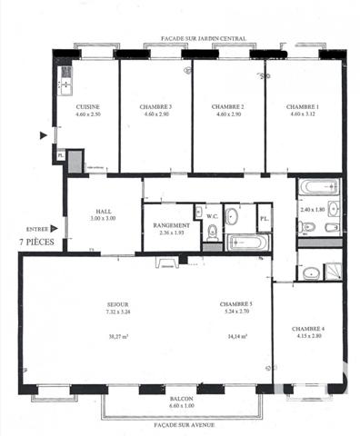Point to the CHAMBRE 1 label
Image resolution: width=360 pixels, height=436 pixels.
pyautogui.click(x=302, y=106)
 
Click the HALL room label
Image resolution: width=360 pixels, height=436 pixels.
pyautogui.click(x=102, y=213)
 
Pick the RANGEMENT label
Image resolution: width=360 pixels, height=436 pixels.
pyautogui.click(x=171, y=225)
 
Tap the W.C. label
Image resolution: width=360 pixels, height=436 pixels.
pyautogui.click(x=211, y=215)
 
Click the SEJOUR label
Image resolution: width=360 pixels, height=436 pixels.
pyautogui.click(x=117, y=304)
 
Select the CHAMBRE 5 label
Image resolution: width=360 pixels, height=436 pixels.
pyautogui.click(x=235, y=304)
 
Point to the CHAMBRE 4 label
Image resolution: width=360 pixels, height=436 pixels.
pyautogui.click(x=309, y=329)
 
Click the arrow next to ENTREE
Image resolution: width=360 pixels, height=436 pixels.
pyautogui.click(x=55, y=229)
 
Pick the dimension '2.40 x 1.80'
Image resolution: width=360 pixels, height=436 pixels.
pyautogui.click(x=312, y=210)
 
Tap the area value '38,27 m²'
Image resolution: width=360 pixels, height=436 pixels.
pyautogui.click(x=117, y=335)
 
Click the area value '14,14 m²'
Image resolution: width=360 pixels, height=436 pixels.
pyautogui.click(x=235, y=335)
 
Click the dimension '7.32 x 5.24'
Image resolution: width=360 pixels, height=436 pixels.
pyautogui.click(x=117, y=312)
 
